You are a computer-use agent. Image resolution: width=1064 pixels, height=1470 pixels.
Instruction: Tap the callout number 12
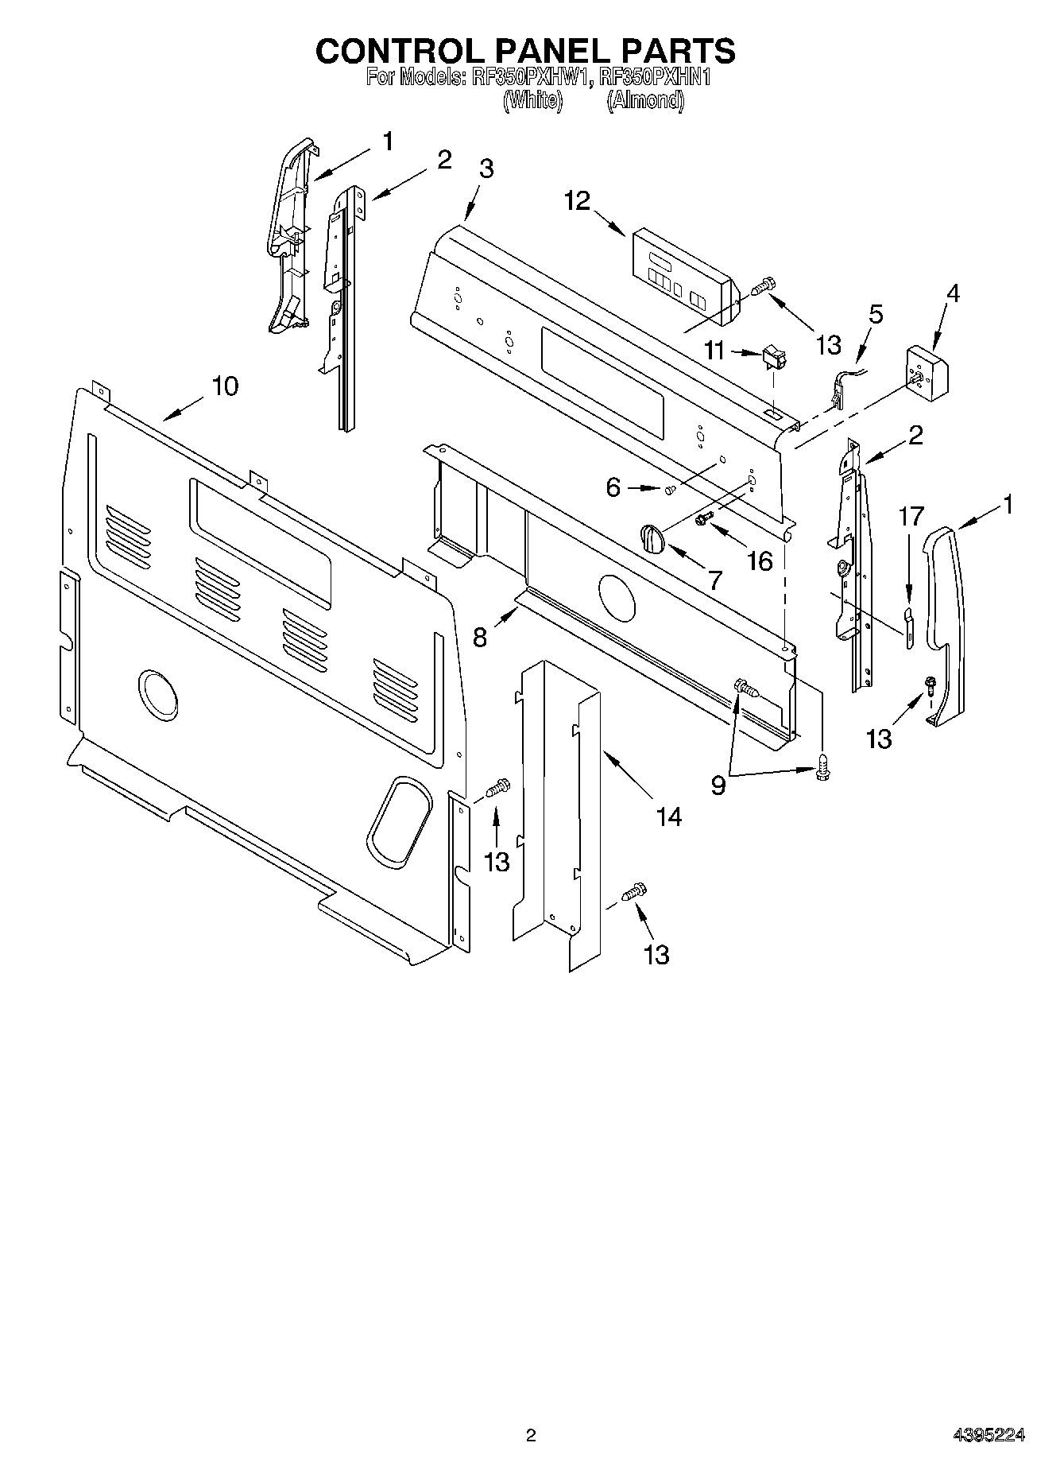pyautogui.click(x=578, y=201)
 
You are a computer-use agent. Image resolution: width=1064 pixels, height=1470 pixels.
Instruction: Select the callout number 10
pyautogui.click(x=225, y=386)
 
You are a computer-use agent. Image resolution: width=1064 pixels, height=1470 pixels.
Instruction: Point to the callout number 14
pyautogui.click(x=669, y=816)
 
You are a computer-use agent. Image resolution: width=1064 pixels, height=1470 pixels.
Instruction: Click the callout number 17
pyautogui.click(x=911, y=517)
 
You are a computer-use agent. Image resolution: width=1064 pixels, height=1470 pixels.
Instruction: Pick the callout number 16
pyautogui.click(x=760, y=561)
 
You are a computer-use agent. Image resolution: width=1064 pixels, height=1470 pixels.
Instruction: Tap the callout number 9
pyautogui.click(x=718, y=785)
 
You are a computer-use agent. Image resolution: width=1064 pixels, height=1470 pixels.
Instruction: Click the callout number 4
pyautogui.click(x=952, y=293)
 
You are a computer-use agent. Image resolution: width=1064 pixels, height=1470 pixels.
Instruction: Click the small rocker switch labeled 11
pyautogui.click(x=773, y=357)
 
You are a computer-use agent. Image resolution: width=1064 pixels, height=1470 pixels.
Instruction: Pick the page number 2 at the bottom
pyautogui.click(x=531, y=1434)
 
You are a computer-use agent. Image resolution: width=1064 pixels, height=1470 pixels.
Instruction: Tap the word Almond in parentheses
pyautogui.click(x=644, y=100)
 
